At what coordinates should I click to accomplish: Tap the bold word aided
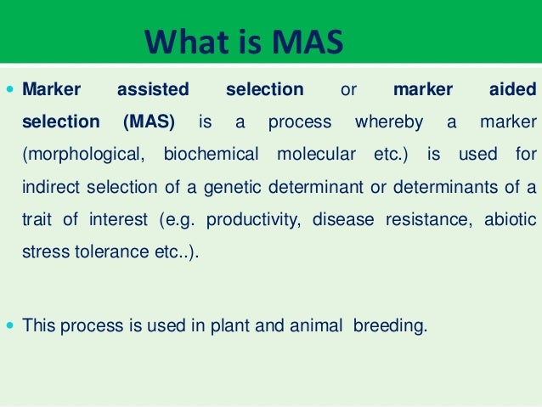514,89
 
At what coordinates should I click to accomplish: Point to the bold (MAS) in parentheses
149,122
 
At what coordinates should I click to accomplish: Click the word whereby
389,122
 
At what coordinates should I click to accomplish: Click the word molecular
316,155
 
